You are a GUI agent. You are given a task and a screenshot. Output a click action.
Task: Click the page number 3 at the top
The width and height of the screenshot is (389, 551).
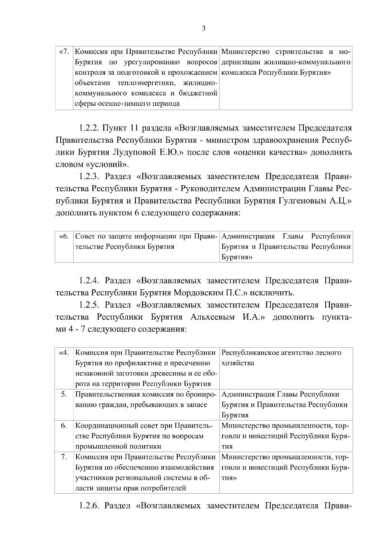[204, 29]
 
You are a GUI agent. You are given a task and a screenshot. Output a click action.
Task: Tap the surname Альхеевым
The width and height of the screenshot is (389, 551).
[212, 317]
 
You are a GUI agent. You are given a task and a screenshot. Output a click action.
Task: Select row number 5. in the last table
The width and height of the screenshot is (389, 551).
[64, 395]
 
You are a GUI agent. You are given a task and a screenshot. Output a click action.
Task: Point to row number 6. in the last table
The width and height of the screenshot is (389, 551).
[64, 426]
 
